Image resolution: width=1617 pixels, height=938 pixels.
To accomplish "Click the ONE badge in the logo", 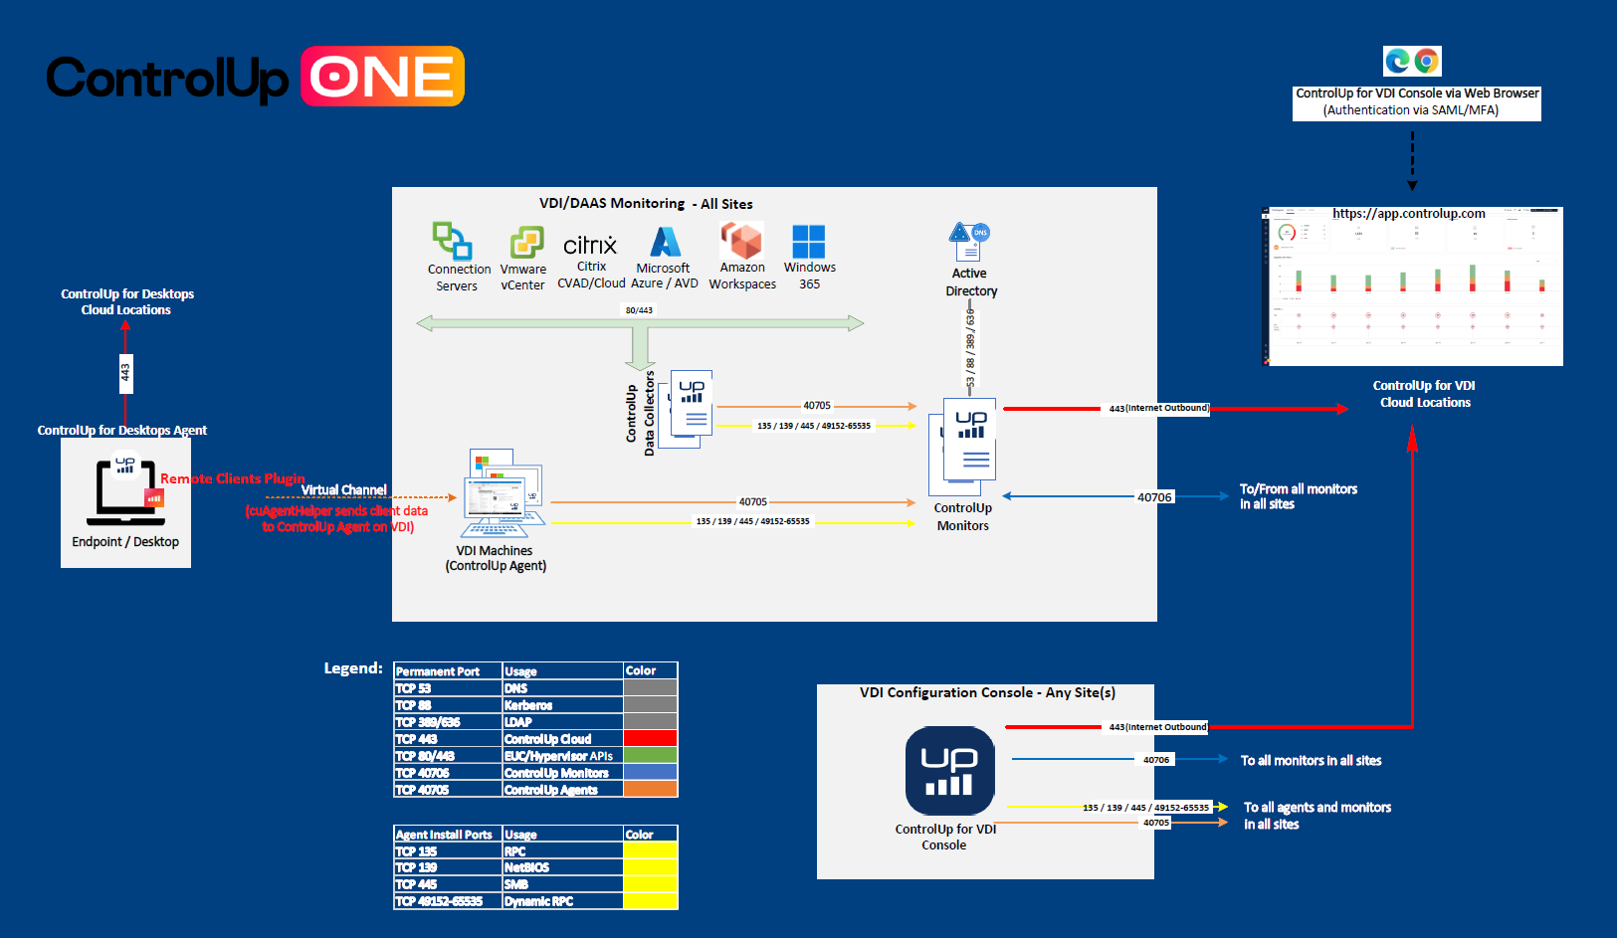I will (x=382, y=77).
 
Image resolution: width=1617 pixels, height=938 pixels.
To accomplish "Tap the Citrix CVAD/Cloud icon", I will (x=590, y=245).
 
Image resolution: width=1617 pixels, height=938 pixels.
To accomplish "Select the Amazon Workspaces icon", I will (x=741, y=241).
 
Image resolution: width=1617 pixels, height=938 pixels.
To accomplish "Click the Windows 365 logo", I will (x=808, y=242).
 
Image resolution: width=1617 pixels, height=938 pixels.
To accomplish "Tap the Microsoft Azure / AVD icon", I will (x=665, y=242).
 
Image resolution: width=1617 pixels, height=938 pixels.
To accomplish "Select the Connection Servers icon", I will (x=452, y=241).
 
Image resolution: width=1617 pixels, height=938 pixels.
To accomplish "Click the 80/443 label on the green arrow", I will (x=639, y=310).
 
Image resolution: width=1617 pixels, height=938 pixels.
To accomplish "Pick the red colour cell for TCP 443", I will (x=650, y=739).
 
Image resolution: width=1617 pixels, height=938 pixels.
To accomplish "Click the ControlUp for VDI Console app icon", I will (x=949, y=771).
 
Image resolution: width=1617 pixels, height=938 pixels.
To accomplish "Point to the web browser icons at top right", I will (x=1412, y=62).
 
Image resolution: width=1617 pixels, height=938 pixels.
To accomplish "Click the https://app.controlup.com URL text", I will (x=1408, y=214).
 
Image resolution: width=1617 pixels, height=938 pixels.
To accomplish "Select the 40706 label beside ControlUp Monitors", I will (x=1154, y=497).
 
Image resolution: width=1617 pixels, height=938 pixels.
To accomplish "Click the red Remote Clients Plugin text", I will (x=233, y=478).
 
